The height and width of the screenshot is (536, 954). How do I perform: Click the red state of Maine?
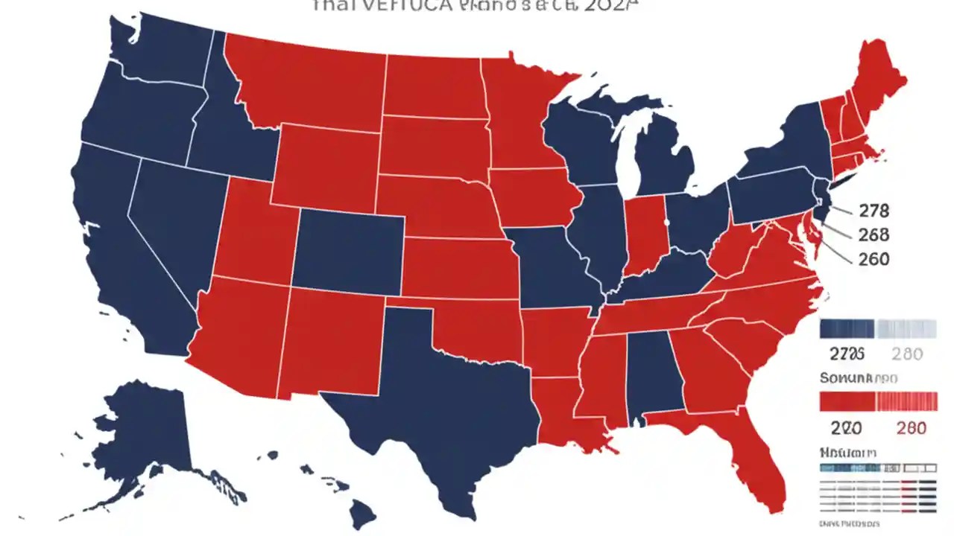point(879,82)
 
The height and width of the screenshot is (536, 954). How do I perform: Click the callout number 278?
point(874,211)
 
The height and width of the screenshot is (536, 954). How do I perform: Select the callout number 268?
point(874,234)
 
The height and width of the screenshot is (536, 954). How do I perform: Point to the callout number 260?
point(874,258)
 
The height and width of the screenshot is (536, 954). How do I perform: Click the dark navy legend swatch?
point(847,329)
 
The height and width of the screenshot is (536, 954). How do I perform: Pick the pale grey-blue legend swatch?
point(906,329)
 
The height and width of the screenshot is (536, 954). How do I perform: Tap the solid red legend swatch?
point(847,402)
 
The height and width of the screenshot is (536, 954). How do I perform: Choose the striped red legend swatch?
point(906,402)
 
